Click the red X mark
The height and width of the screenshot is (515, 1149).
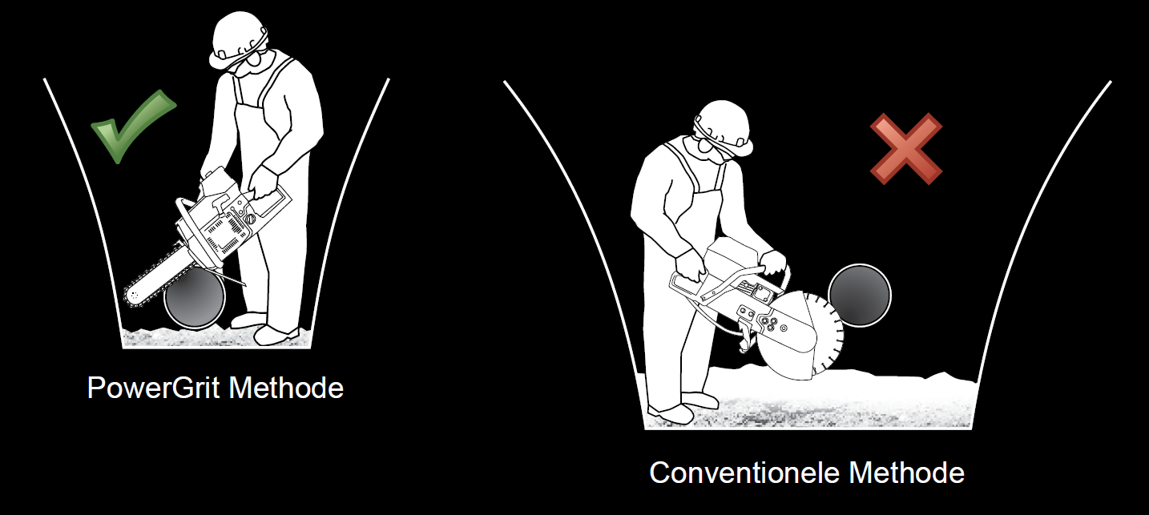(906, 149)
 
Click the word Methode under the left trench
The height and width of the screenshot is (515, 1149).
(286, 388)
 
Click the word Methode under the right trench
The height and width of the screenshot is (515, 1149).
(907, 473)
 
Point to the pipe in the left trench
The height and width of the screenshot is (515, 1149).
(195, 300)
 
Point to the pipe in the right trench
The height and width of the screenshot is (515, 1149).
(860, 295)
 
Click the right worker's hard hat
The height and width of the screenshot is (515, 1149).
(724, 126)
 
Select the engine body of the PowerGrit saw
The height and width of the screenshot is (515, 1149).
(226, 220)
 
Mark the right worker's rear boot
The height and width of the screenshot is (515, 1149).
(668, 414)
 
